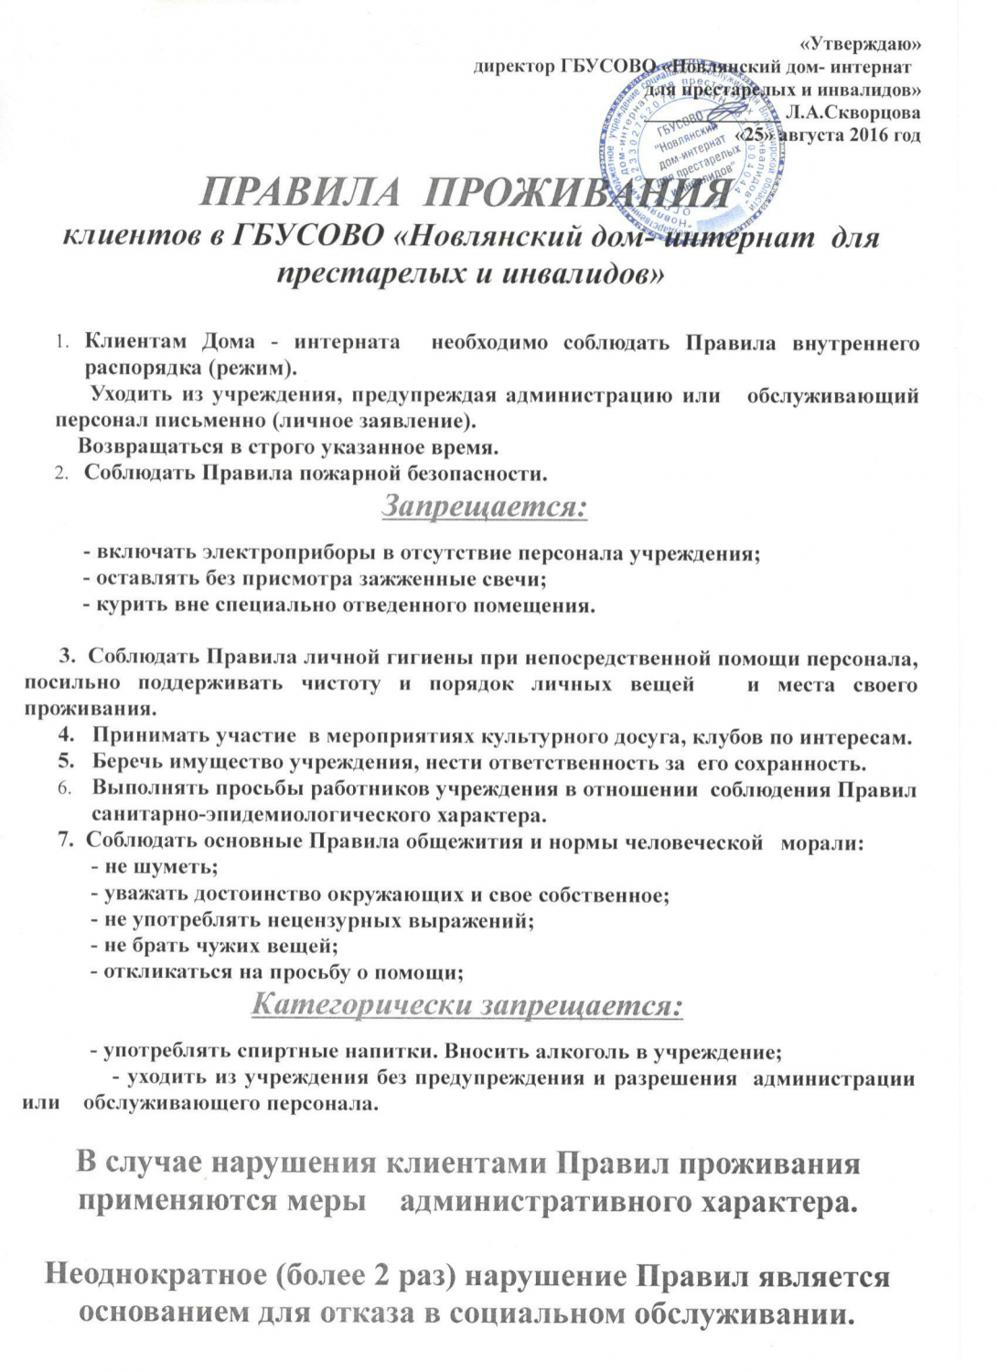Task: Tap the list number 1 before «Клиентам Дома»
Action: (x=61, y=344)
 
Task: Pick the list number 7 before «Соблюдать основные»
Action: (x=64, y=842)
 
